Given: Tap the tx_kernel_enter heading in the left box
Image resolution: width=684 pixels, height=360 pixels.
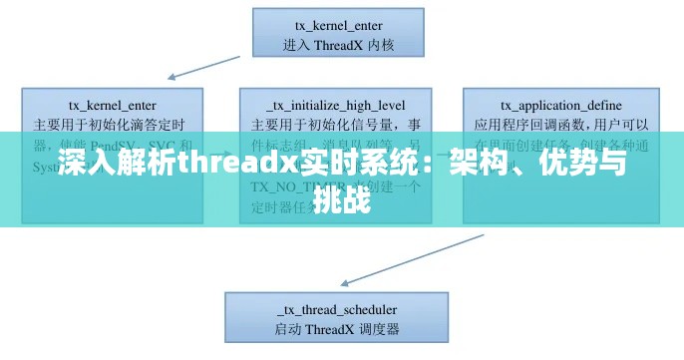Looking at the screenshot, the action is tap(111, 105).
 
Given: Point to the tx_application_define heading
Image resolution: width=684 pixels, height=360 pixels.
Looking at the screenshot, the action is tap(560, 105).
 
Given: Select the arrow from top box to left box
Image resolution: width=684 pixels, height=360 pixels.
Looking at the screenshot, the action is tap(208, 61).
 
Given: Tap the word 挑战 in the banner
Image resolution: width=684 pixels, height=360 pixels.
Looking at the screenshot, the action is tap(342, 202).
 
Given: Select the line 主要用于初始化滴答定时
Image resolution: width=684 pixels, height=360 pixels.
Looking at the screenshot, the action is tap(111, 125).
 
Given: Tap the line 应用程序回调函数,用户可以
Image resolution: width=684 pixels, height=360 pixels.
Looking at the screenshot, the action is tap(560, 125).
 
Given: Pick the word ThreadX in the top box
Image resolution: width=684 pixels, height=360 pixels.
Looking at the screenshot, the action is tap(342, 44).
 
